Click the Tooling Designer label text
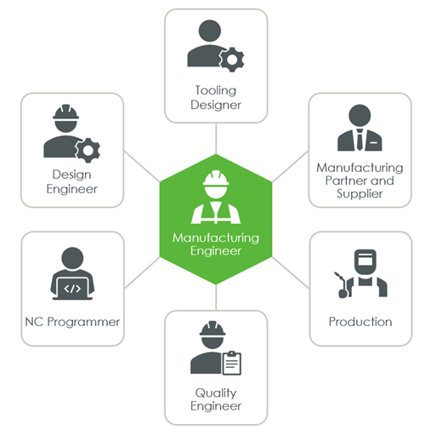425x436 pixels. [215, 96]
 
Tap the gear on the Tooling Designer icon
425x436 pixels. [230, 59]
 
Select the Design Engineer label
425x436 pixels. [72, 181]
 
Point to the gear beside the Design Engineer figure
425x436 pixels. [87, 152]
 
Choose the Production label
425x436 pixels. [360, 322]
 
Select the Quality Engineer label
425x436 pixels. [215, 399]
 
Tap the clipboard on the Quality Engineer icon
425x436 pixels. [231, 364]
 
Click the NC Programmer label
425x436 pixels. [72, 322]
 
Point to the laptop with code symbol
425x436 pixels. [72, 288]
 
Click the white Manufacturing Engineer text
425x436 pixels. [215, 244]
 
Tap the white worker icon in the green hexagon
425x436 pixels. [215, 198]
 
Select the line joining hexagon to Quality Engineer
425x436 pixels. [216, 298]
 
